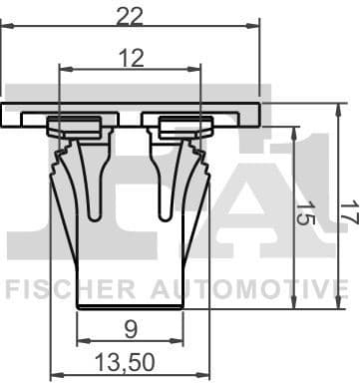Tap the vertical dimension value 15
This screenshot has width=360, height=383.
[x=306, y=215]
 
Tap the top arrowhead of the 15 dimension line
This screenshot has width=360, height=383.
[x=294, y=132]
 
